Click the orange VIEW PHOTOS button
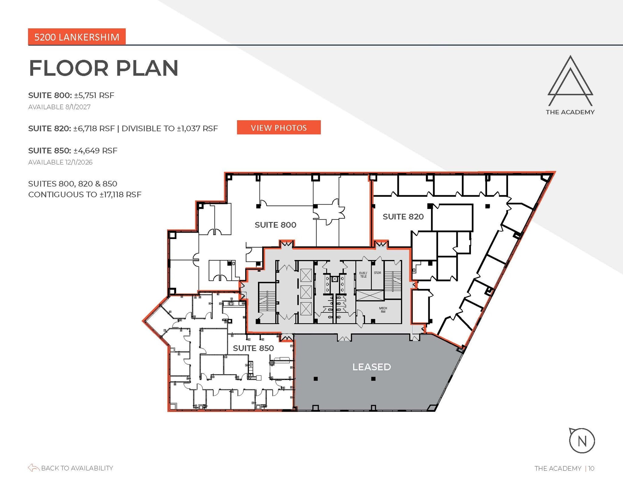tap(279, 127)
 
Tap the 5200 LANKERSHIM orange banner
tap(77, 37)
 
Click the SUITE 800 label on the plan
tap(275, 225)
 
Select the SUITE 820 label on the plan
tap(403, 216)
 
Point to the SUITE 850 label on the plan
tap(253, 348)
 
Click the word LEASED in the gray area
tap(371, 367)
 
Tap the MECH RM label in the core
tap(383, 310)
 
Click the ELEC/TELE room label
tap(363, 275)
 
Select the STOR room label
tap(377, 273)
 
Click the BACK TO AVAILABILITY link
tap(77, 468)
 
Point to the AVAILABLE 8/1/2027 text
tap(59, 107)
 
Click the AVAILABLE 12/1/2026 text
tap(60, 162)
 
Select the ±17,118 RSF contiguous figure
tap(120, 194)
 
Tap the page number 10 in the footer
tap(591, 468)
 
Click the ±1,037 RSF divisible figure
tap(197, 128)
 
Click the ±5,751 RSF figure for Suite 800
tap(94, 95)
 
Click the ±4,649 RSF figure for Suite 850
tap(96, 151)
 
